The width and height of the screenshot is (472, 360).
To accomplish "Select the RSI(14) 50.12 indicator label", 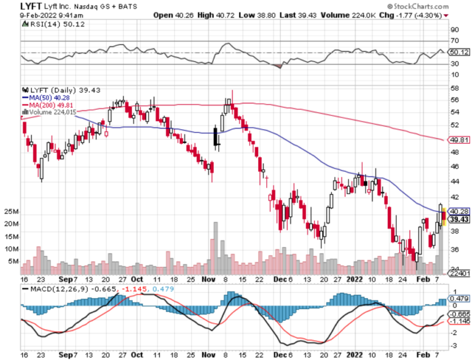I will coord(47,24).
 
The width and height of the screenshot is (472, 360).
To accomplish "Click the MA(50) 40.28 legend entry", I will coord(44,97).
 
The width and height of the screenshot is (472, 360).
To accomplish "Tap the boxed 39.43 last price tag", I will coord(458,219).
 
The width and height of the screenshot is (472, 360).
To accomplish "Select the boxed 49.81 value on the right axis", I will coord(458,139).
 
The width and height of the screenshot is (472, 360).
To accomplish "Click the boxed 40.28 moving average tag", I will coord(458,211).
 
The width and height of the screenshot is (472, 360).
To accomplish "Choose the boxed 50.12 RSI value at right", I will coord(458,52).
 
